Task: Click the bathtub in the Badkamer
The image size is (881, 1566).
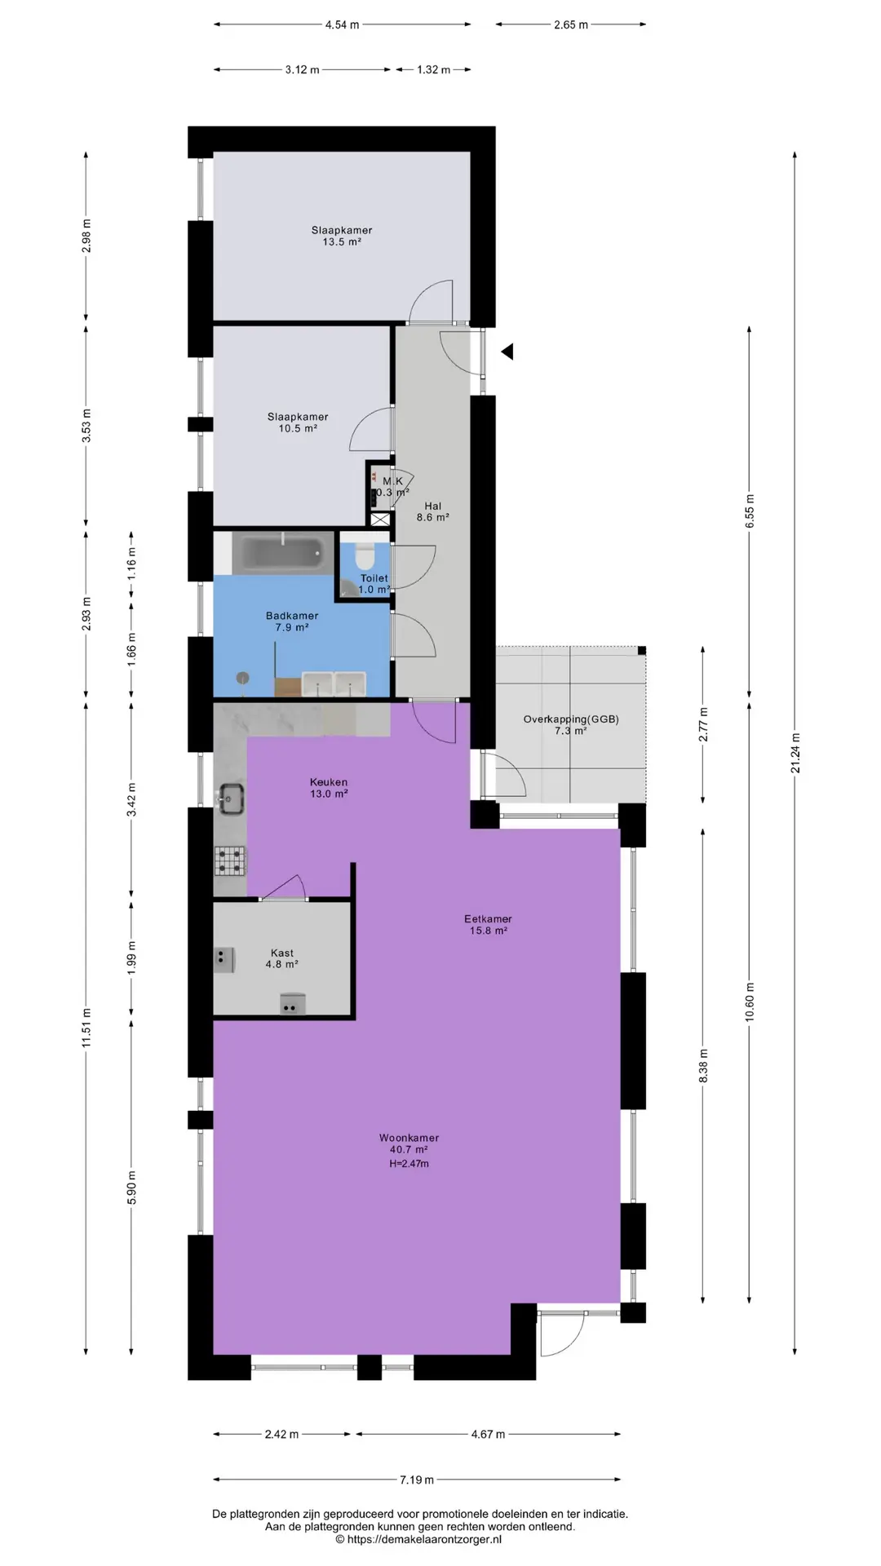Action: (x=283, y=552)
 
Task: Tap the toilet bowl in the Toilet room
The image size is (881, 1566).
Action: (x=365, y=554)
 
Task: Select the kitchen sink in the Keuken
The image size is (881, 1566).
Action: (x=230, y=798)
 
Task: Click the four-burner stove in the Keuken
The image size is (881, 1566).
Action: (x=230, y=860)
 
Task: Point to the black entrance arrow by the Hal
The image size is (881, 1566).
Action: (x=507, y=352)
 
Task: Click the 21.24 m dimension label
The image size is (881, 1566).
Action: (x=795, y=753)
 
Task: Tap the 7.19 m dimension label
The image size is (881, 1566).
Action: (x=417, y=1480)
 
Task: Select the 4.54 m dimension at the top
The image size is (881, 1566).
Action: (x=342, y=24)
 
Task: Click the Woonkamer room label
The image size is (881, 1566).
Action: (x=409, y=1138)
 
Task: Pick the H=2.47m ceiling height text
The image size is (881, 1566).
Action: (x=409, y=1163)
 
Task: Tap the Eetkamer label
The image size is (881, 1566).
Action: (x=489, y=918)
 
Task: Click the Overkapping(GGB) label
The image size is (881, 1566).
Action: (x=571, y=719)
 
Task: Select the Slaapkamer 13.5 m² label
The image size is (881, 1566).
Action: (x=342, y=236)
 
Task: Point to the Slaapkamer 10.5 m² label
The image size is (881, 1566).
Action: (x=298, y=422)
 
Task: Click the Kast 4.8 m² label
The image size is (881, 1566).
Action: (x=282, y=958)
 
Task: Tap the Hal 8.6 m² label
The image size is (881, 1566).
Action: (x=432, y=511)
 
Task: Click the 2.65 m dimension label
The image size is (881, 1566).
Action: (x=571, y=24)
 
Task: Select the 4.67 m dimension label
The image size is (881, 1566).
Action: (x=487, y=1434)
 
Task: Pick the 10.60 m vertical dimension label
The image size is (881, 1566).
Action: (x=750, y=1002)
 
